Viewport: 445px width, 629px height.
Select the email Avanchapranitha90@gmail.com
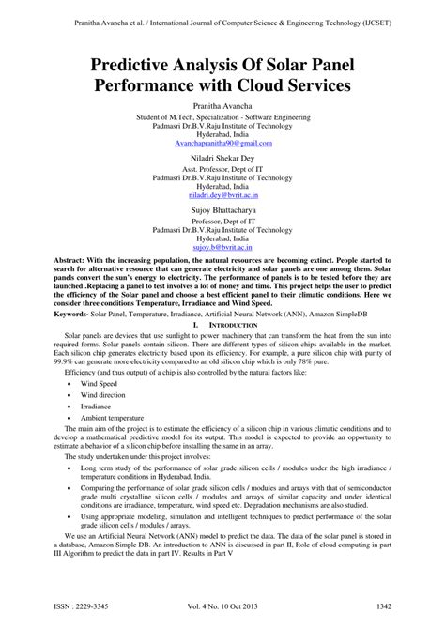click(x=222, y=144)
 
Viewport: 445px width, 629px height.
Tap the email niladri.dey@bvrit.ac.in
click(x=222, y=194)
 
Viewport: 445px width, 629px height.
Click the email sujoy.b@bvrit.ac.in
click(x=222, y=245)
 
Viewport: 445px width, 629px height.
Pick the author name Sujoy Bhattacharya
click(x=222, y=211)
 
